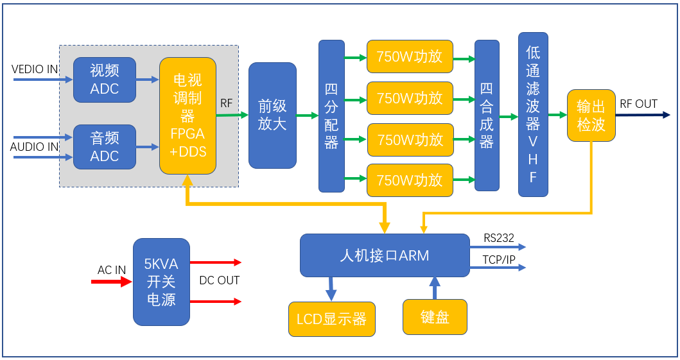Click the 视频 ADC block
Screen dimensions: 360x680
pyautogui.click(x=105, y=80)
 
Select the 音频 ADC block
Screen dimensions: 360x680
pyautogui.click(x=105, y=147)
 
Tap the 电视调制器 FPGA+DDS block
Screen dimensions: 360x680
pyautogui.click(x=187, y=116)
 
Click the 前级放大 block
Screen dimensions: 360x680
pyautogui.click(x=272, y=116)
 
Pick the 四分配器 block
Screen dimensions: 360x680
pyautogui.click(x=331, y=116)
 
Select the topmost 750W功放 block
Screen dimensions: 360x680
pyautogui.click(x=410, y=56)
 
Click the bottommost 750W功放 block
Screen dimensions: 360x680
pyautogui.click(x=410, y=180)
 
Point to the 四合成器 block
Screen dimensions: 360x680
pyautogui.click(x=487, y=116)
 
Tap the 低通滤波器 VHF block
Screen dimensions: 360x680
pyautogui.click(x=533, y=114)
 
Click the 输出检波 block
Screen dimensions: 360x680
pyautogui.click(x=591, y=116)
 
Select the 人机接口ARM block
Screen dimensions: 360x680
pyautogui.click(x=385, y=255)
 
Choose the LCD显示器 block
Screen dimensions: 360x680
pyautogui.click(x=331, y=319)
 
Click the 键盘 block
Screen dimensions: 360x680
pyautogui.click(x=435, y=317)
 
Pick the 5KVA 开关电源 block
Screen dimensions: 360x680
pyautogui.click(x=161, y=282)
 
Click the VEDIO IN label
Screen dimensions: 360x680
pyautogui.click(x=35, y=69)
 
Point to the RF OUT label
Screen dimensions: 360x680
pyautogui.click(x=638, y=104)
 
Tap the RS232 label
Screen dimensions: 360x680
pyautogui.click(x=499, y=238)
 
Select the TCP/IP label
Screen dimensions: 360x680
pyautogui.click(x=499, y=259)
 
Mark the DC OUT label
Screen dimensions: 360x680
pyautogui.click(x=219, y=280)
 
